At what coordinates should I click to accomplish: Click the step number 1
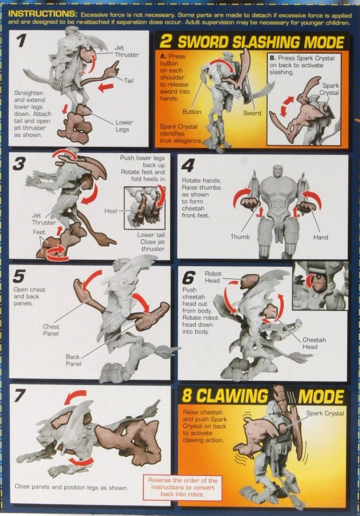21,41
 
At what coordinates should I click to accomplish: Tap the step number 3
20,164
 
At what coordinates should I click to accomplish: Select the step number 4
188,165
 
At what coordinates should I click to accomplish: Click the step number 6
188,278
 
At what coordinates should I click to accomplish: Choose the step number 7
21,395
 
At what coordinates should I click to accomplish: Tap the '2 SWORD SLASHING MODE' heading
252,42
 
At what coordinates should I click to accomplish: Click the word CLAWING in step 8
238,397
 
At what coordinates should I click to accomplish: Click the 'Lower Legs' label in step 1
124,126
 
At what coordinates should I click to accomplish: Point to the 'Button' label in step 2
192,112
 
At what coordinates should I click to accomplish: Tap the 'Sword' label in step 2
252,113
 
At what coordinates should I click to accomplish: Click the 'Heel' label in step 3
111,210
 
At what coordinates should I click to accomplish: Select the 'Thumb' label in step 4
239,237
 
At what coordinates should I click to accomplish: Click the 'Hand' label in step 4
320,237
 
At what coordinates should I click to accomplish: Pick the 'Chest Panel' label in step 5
51,330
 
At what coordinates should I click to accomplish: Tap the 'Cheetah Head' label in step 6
317,343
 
